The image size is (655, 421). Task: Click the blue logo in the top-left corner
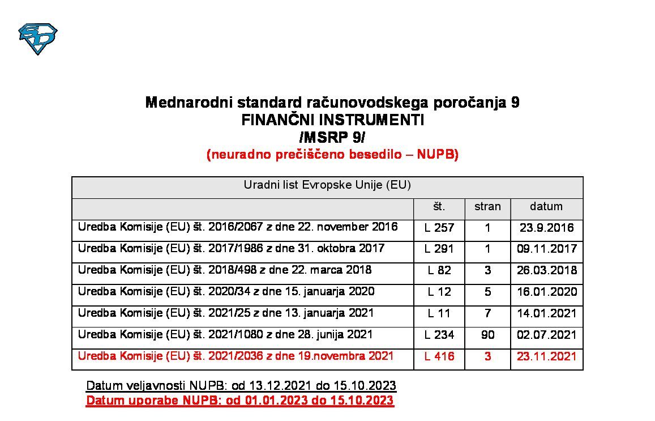(38, 38)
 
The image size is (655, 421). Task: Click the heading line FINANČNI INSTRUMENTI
(332, 120)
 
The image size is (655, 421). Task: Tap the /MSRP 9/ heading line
(332, 137)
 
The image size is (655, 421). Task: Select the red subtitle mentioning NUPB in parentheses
(332, 155)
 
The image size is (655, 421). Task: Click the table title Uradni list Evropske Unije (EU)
(327, 185)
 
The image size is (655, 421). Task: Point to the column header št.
(439, 206)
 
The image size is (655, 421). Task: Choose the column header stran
(487, 206)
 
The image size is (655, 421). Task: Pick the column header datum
(546, 206)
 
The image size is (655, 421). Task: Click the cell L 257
(439, 228)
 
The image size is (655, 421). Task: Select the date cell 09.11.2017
(547, 249)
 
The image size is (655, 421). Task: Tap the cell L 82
(439, 270)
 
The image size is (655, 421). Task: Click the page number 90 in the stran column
(487, 335)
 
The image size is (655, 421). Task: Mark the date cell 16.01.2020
(547, 292)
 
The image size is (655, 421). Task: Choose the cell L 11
(439, 313)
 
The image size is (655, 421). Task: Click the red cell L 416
(439, 356)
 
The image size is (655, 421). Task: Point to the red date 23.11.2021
(547, 356)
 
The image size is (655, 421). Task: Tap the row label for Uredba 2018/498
(225, 270)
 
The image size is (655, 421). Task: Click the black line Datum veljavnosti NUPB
(241, 386)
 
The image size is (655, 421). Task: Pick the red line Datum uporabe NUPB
(239, 401)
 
